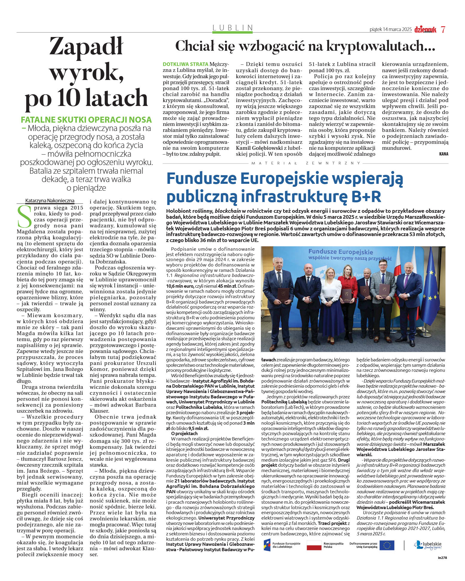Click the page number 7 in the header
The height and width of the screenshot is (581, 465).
click(x=443, y=30)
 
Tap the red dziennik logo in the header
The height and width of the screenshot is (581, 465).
click(x=425, y=30)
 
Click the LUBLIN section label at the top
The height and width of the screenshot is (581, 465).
click(x=232, y=28)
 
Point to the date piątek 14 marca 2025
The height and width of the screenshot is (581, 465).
click(x=390, y=30)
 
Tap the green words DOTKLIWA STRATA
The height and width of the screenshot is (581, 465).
click(x=185, y=64)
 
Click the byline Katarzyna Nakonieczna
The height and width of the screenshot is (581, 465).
click(x=50, y=201)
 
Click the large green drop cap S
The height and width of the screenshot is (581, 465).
click(x=24, y=216)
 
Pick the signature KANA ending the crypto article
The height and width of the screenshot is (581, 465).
click(x=444, y=154)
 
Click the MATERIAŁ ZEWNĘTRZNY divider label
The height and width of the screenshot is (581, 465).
click(x=306, y=163)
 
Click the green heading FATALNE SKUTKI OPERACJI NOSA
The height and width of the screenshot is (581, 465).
click(x=86, y=120)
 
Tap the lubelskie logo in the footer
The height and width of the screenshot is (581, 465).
click(x=427, y=545)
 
